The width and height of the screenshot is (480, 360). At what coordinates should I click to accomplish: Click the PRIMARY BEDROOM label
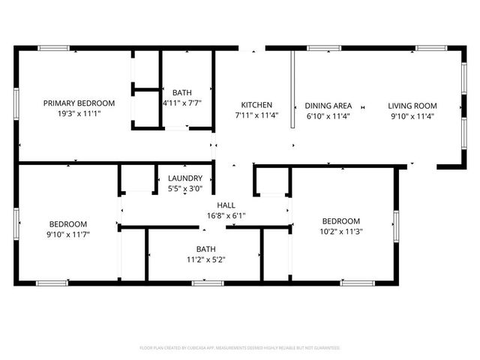79,103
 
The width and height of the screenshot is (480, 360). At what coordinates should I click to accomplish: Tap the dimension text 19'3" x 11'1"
79,113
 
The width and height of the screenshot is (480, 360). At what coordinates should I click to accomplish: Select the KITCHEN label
256,105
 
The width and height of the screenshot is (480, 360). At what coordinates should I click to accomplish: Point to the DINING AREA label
328,106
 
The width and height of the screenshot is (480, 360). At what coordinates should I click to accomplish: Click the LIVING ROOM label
412,106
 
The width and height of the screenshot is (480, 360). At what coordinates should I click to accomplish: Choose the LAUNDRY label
185,178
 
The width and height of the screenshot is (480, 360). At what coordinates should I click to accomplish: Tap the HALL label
226,205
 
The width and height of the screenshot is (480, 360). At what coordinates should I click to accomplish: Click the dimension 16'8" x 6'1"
226,215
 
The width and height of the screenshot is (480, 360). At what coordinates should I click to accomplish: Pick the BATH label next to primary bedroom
181,92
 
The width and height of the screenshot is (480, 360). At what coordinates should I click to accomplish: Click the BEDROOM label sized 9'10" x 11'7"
68,223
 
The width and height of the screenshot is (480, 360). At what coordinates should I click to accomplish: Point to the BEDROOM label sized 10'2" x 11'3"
341,220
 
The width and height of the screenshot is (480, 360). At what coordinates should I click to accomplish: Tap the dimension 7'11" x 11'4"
256,115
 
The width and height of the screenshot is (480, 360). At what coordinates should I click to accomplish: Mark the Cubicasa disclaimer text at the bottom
240,348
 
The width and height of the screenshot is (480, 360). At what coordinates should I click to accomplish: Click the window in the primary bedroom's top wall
54,49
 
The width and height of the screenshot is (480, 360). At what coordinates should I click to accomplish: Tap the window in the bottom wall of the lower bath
203,283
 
